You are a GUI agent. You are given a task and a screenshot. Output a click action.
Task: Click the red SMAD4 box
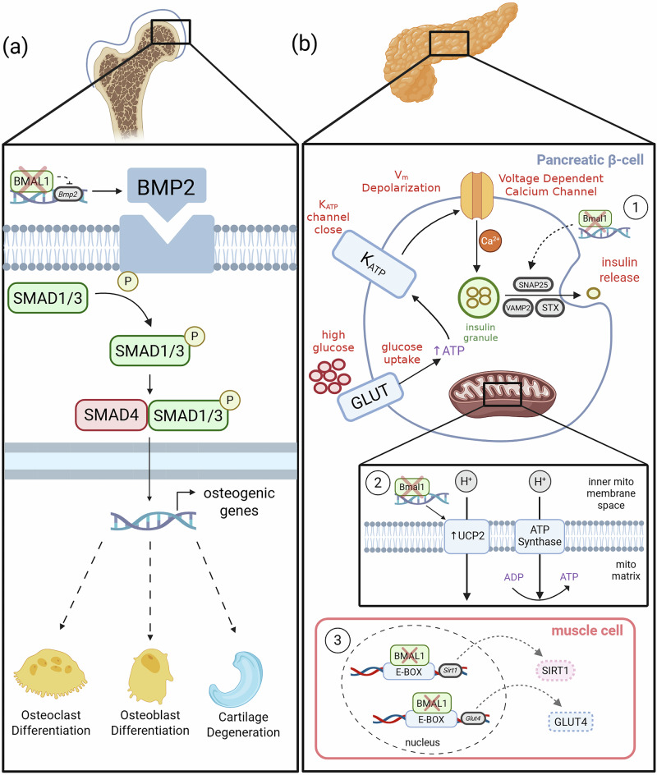click(x=111, y=415)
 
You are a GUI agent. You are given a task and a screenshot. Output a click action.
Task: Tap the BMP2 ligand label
click(x=166, y=187)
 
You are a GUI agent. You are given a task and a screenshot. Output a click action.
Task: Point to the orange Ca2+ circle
click(x=490, y=241)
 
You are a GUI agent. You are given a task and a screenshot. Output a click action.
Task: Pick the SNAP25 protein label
click(x=533, y=285)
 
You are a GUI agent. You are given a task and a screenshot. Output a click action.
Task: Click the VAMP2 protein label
click(x=517, y=308)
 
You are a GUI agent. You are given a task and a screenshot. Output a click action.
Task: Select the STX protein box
click(x=549, y=308)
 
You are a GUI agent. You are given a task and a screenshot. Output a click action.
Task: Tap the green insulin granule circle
click(x=479, y=297)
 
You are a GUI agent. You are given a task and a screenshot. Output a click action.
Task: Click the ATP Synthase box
click(x=540, y=536)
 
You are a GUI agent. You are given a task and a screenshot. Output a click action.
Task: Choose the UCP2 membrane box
click(x=466, y=536)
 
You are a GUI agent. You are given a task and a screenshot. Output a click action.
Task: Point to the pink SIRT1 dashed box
click(x=554, y=671)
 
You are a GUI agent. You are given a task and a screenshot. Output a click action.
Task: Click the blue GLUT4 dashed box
click(x=571, y=722)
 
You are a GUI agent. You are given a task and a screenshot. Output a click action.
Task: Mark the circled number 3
click(x=338, y=640)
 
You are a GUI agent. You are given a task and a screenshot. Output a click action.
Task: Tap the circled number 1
click(x=636, y=208)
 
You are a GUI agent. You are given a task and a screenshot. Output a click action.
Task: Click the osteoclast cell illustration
click(x=50, y=674)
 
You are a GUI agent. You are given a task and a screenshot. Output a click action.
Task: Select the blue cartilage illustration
click(x=237, y=680)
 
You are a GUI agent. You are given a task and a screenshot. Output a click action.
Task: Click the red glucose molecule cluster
click(x=330, y=376)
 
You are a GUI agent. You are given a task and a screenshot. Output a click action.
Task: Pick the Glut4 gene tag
click(x=472, y=718)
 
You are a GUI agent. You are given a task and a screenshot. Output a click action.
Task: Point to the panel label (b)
click(x=304, y=44)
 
